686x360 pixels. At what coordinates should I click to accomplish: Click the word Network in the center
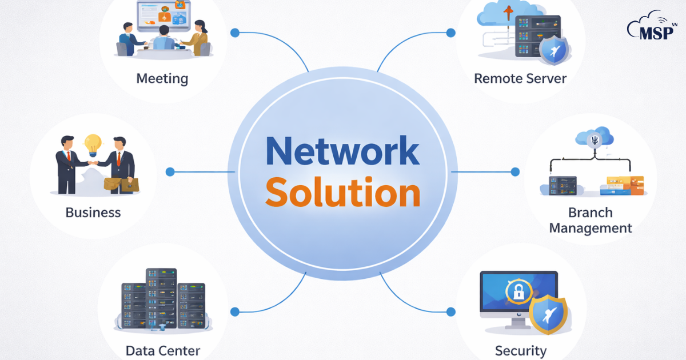(x=342, y=152)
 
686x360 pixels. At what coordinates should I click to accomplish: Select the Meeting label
(x=162, y=78)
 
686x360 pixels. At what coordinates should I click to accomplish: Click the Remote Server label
(x=520, y=78)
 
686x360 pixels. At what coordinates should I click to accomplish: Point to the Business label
(x=93, y=213)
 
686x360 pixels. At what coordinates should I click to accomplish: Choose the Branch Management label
(x=591, y=220)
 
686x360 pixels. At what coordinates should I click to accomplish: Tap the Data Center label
(x=163, y=350)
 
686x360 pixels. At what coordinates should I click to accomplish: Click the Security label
(x=520, y=350)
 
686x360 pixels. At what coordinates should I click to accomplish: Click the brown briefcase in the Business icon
(x=121, y=184)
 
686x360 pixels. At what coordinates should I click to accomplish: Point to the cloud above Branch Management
(x=595, y=137)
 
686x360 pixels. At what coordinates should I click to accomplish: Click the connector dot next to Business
(x=170, y=171)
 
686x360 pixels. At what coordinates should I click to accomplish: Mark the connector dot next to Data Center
(x=234, y=311)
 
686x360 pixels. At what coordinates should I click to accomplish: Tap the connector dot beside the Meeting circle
(x=234, y=33)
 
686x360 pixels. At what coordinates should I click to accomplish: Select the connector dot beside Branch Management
(x=515, y=171)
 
